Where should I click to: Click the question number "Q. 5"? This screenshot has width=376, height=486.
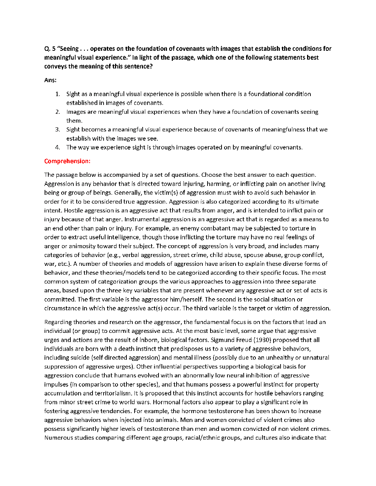tap(50, 49)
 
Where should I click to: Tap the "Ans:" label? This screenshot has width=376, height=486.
tap(50, 80)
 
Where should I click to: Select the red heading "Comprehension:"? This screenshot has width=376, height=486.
tap(67, 161)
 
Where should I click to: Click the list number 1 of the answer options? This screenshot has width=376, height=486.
tap(58, 94)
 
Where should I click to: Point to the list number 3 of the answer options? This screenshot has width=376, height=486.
tap(58, 129)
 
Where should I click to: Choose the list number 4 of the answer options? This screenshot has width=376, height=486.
tap(58, 147)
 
